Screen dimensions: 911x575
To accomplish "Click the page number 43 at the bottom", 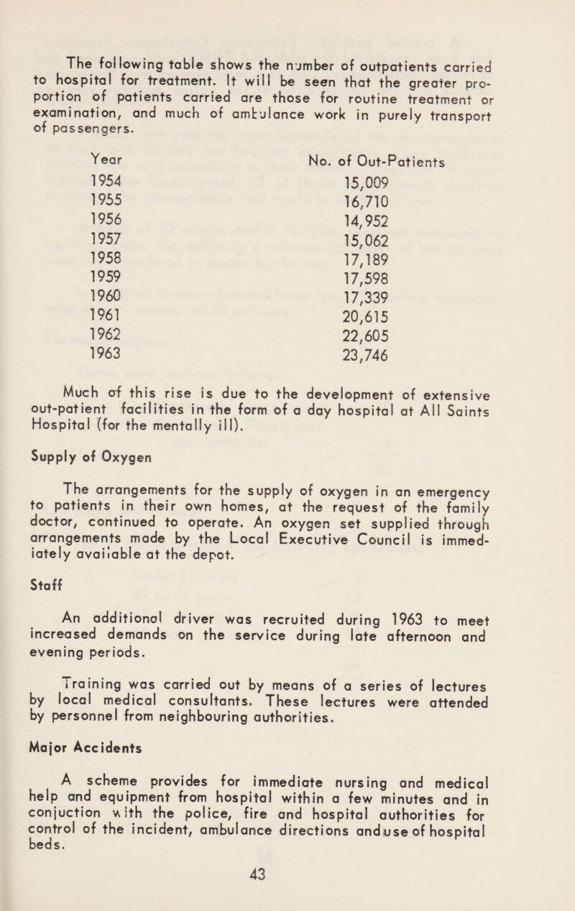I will [287, 891].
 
